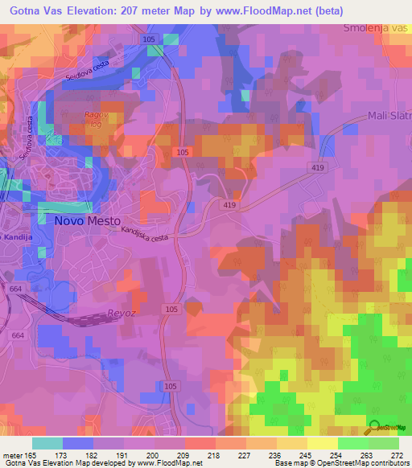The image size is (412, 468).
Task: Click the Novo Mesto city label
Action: [x=88, y=220]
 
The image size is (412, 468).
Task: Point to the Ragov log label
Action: [x=97, y=119]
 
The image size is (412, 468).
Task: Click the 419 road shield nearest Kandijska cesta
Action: [x=230, y=206]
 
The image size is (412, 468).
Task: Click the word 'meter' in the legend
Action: [x=12, y=455]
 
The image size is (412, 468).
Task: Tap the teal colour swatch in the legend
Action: [x=47, y=443]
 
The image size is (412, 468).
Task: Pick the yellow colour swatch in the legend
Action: [x=323, y=443]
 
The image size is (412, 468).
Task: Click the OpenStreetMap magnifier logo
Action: [x=376, y=429]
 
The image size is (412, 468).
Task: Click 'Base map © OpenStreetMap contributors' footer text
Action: [x=340, y=463]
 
